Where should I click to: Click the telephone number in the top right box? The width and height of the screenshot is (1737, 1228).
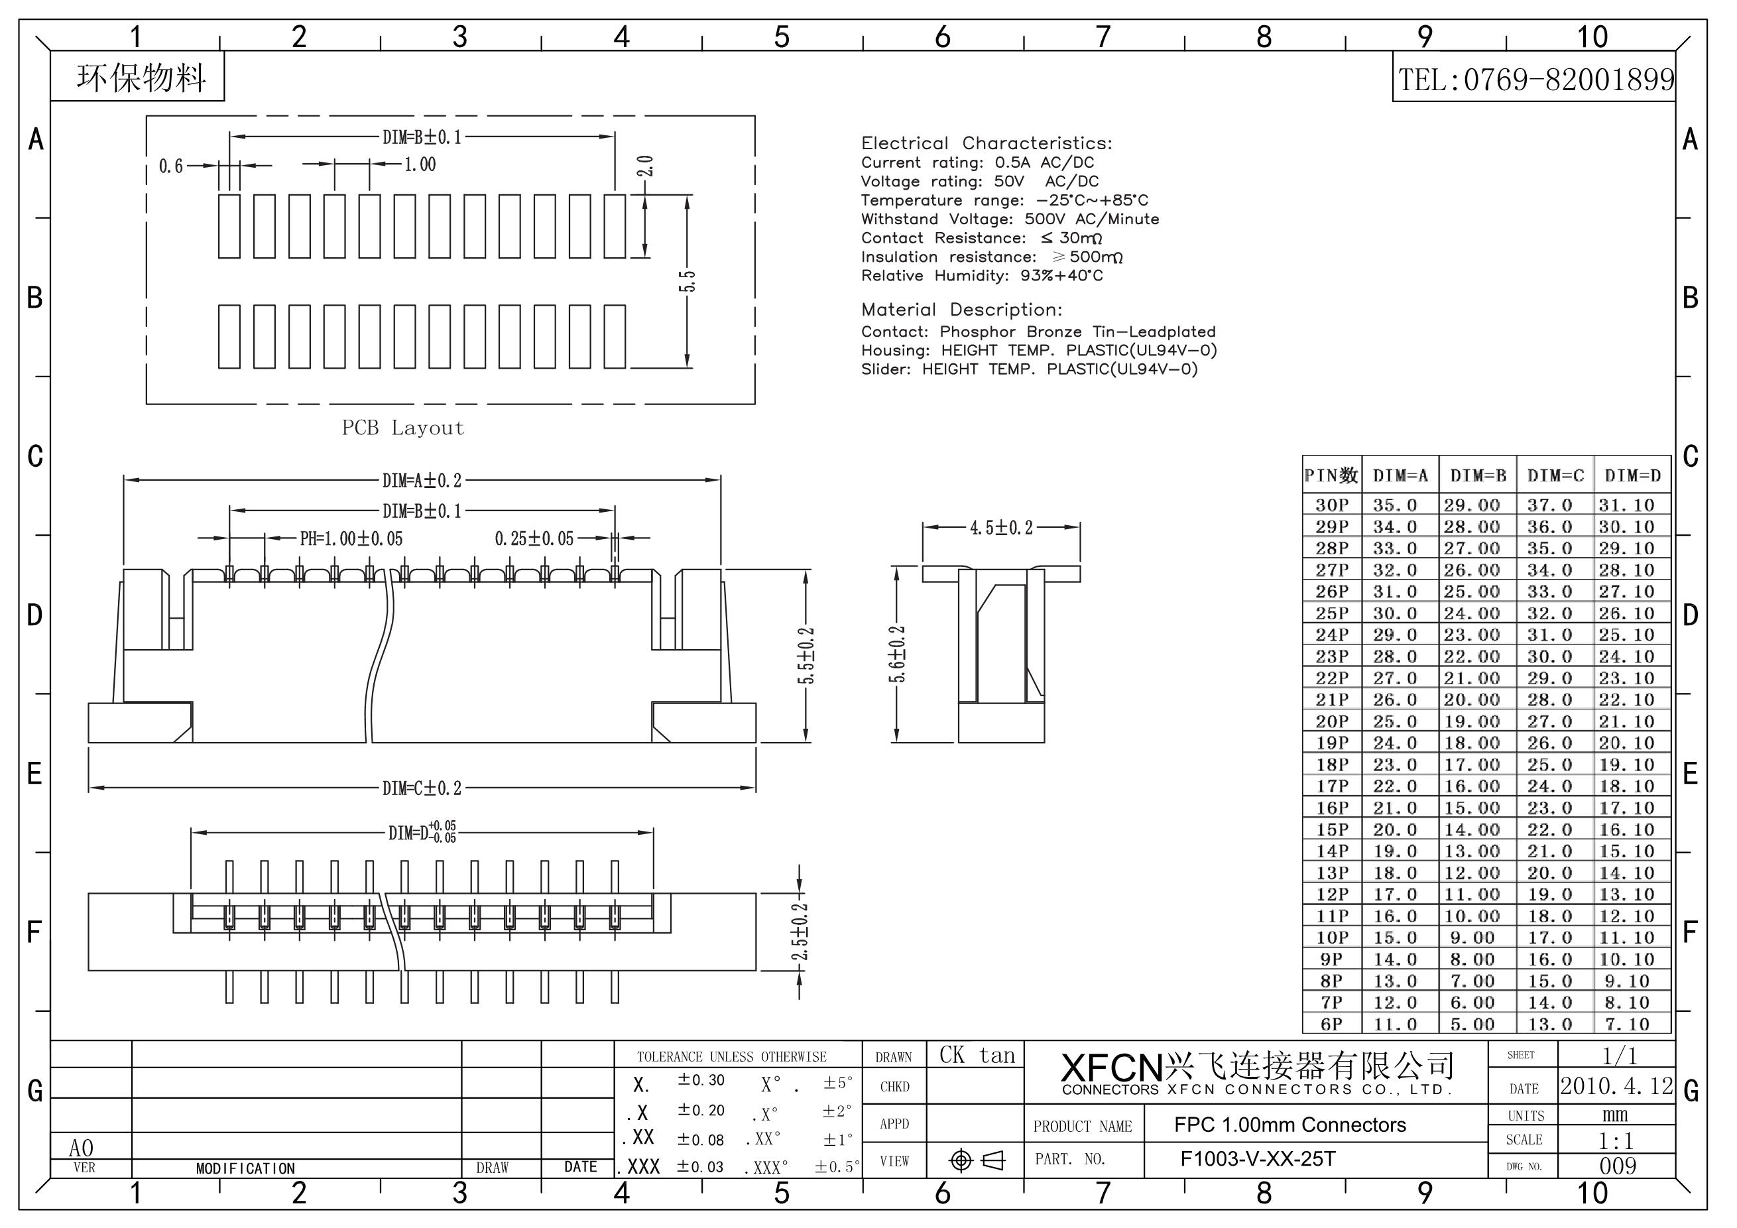click(1535, 80)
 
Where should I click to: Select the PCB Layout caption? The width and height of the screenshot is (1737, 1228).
click(402, 428)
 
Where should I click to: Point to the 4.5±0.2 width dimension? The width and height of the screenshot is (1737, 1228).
click(1001, 528)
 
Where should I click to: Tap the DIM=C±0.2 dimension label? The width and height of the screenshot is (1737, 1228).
click(422, 788)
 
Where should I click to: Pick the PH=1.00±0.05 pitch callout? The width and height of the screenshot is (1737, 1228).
click(351, 538)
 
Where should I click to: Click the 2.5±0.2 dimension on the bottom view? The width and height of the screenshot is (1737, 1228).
click(800, 932)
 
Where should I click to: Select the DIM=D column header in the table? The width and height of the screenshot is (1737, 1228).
click(1633, 476)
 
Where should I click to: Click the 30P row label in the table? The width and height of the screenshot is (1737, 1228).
click(1331, 505)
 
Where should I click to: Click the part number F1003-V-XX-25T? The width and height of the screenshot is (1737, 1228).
click(1258, 1159)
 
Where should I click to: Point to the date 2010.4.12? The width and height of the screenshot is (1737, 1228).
click(1618, 1087)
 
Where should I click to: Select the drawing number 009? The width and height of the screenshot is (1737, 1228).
click(1618, 1166)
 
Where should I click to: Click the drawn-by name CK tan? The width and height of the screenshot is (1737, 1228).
click(977, 1056)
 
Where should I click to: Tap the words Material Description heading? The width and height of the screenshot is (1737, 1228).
click(961, 310)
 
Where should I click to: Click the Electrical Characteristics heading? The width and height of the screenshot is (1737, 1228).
click(987, 143)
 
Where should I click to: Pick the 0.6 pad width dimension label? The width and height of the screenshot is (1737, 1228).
click(171, 166)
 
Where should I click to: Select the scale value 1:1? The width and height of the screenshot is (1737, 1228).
click(1617, 1140)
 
